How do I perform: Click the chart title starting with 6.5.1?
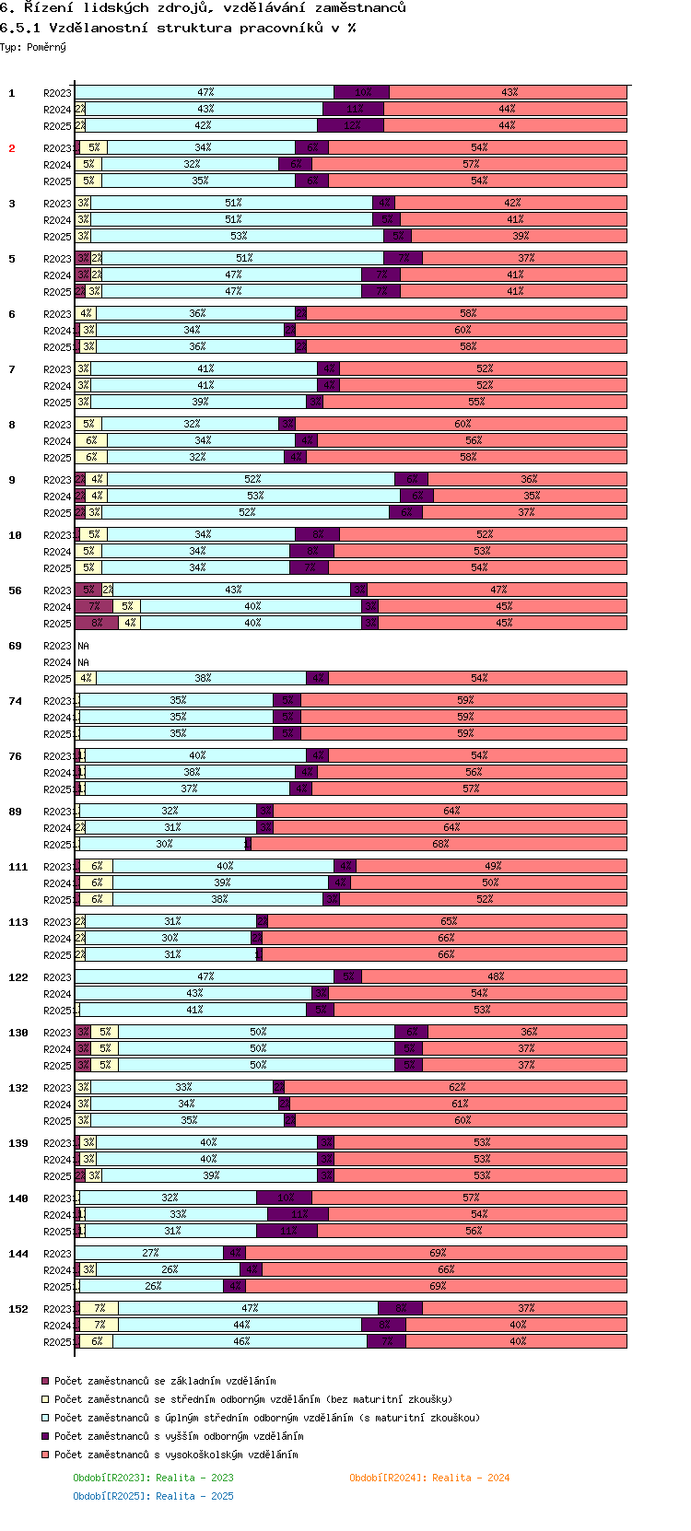tap(178, 28)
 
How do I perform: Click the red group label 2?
tap(12, 148)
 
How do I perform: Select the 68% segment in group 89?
tap(440, 845)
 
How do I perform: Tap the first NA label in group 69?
tap(83, 646)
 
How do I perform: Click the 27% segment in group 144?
tap(150, 1254)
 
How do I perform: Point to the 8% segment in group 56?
tap(97, 624)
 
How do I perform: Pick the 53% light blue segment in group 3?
tap(239, 237)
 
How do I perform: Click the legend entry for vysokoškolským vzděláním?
tap(175, 1455)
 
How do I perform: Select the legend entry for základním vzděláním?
tap(164, 1381)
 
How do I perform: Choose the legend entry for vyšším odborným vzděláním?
tap(178, 1436)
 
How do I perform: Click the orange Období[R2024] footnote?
tap(429, 1478)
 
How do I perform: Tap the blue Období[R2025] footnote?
tap(153, 1496)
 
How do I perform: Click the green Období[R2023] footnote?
tap(153, 1478)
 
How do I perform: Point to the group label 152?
tap(18, 1309)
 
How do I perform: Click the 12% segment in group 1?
tap(351, 126)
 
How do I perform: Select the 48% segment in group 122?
tap(496, 977)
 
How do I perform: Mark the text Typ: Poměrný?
tap(33, 47)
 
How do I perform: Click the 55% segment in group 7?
tap(475, 403)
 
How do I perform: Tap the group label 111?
tap(18, 867)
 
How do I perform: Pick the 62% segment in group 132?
tap(457, 1088)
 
